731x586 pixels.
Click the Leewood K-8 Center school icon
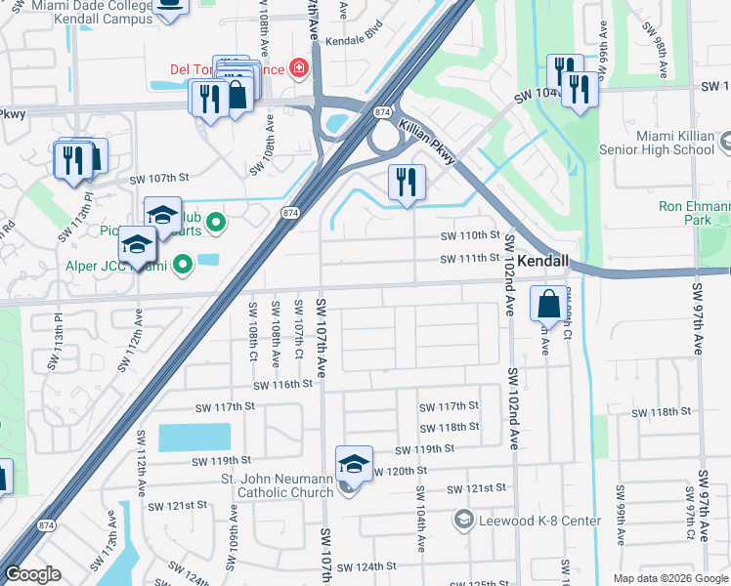[462, 520]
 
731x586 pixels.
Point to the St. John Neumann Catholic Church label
[277, 484]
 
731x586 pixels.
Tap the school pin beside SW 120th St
[354, 465]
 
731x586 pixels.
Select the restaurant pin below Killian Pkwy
[407, 183]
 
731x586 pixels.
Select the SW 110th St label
[469, 236]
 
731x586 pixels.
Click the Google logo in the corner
[33, 573]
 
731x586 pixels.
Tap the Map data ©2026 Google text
[668, 578]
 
